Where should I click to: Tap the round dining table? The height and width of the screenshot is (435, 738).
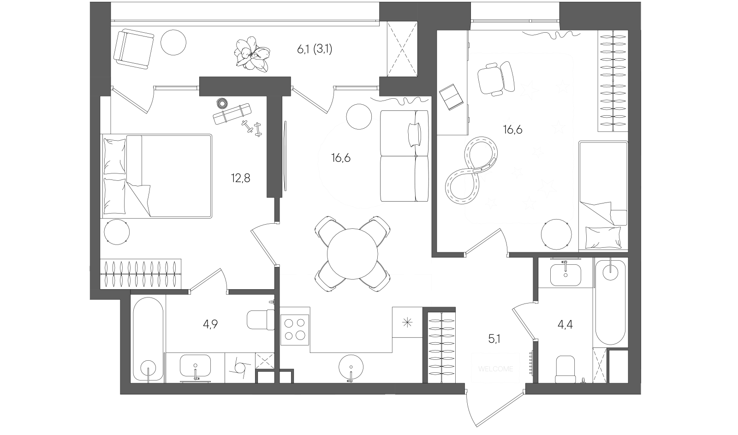coord(352,254)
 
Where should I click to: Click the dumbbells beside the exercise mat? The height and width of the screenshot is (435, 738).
coord(252,128)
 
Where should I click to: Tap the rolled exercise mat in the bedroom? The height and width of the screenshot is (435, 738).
coord(232,113)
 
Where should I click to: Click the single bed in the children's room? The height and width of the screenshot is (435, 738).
coord(603,196)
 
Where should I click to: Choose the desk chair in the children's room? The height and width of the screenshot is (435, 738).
coord(495,77)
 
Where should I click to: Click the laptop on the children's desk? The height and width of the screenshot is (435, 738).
coord(450,97)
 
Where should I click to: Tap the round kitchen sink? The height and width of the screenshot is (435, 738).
coord(351,368)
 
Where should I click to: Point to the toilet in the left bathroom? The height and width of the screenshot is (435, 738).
coord(261,319)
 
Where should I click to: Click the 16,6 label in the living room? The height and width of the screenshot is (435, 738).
coord(341,158)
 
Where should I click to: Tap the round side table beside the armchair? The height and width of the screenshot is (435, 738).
coord(173,42)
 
